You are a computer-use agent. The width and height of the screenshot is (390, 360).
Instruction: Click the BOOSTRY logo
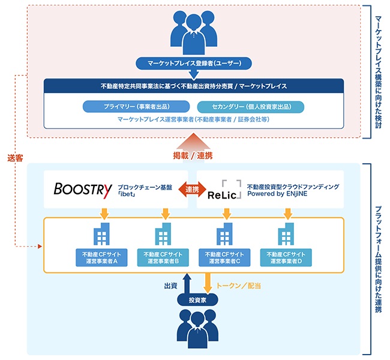83,190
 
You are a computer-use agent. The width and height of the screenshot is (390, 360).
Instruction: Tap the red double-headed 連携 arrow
192,190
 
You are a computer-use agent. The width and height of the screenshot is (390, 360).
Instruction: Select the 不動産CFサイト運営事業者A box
101,257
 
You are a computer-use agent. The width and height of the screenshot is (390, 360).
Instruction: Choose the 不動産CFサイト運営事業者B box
163,257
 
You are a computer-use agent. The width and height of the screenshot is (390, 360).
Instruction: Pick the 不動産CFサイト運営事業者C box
224,257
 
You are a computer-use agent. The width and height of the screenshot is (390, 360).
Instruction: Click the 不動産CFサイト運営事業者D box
286,257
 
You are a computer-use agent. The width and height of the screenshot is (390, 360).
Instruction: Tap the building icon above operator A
101,234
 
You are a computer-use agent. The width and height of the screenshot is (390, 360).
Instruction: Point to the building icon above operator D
286,234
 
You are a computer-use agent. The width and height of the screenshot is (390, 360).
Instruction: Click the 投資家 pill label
197,300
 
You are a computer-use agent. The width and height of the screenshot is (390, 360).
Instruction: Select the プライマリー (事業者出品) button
136,107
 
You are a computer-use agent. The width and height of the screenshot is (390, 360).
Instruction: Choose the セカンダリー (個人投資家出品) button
251,107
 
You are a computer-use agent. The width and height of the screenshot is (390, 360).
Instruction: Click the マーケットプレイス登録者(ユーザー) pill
194,64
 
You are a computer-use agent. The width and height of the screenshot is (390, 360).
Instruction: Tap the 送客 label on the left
15,158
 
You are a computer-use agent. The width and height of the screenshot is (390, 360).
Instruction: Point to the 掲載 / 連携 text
193,156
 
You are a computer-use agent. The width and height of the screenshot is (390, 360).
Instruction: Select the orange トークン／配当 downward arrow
208,283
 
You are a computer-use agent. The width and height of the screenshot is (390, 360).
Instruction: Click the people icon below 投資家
197,328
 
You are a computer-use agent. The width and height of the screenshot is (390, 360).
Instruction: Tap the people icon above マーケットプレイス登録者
194,32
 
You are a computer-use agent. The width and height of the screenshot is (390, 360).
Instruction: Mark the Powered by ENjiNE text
277,194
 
